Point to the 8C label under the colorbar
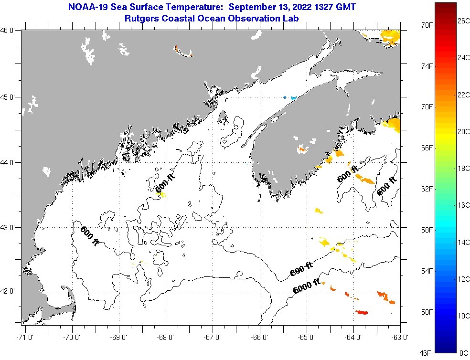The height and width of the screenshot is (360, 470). [463, 353]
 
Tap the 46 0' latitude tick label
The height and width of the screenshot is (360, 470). [10, 31]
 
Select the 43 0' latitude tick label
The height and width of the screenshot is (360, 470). [10, 228]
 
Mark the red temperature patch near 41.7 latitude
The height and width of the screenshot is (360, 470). [362, 312]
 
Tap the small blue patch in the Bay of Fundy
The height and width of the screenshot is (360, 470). [290, 97]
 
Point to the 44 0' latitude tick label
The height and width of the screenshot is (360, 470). [10, 163]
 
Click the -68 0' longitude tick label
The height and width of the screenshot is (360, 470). [167, 338]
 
